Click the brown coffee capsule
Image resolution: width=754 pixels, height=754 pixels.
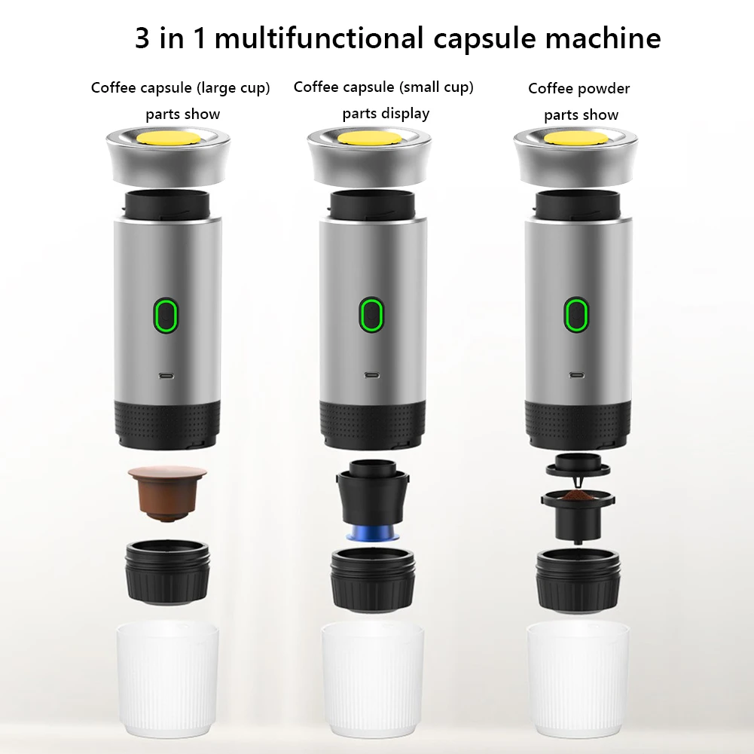[x=167, y=493]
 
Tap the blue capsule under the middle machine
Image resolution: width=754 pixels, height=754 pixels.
[x=372, y=533]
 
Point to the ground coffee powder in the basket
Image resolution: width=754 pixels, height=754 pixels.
[x=577, y=496]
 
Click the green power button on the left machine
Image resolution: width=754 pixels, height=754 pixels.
[x=166, y=315]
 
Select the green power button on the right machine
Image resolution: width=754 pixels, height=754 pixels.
[x=576, y=315]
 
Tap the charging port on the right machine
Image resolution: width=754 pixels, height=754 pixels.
[x=577, y=375]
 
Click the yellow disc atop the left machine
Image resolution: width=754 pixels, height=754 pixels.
[x=168, y=138]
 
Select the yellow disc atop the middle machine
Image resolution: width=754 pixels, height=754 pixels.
[x=369, y=138]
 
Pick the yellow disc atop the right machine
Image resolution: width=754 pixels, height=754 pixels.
[x=575, y=138]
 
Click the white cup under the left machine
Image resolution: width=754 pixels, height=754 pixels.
[x=167, y=680]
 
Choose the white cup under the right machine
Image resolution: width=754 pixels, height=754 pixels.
[x=578, y=680]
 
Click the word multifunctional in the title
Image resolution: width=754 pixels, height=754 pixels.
[x=319, y=38]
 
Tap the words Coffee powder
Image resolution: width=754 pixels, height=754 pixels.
[x=579, y=88]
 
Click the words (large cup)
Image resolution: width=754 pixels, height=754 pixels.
[x=234, y=88]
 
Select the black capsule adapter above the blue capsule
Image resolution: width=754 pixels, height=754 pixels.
[x=373, y=493]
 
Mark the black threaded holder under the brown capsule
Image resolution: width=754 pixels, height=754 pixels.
[x=167, y=571]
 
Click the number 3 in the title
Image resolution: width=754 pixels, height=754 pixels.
[x=142, y=38]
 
